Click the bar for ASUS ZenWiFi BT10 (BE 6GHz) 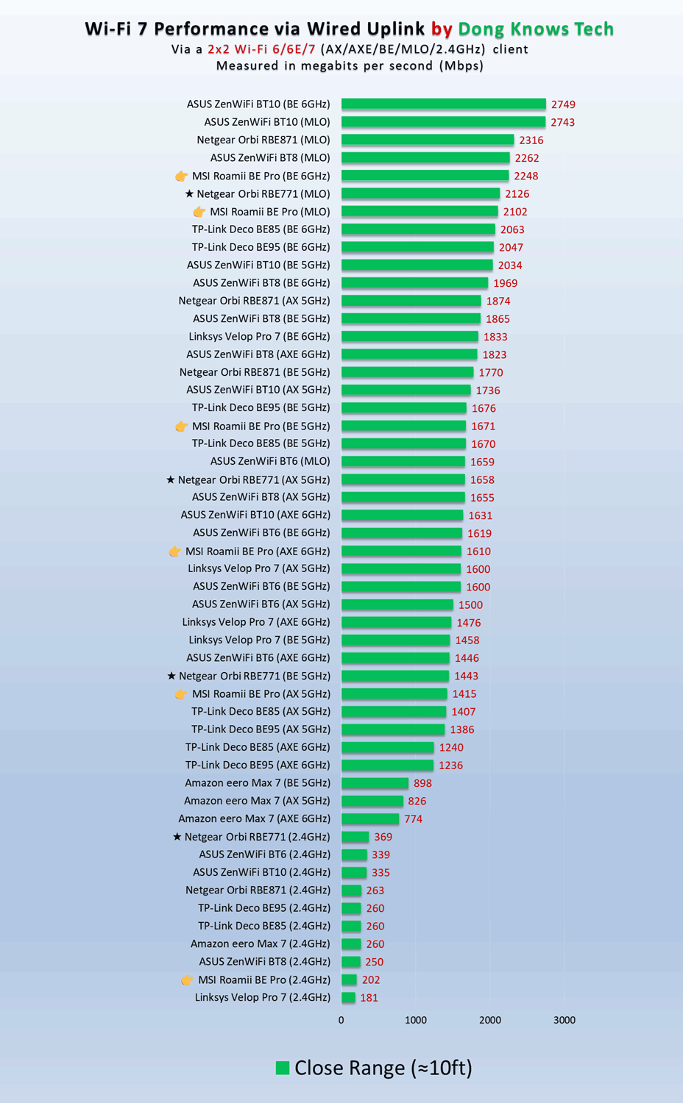(x=443, y=104)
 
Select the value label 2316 (x=531, y=140)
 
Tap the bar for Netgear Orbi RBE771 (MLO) (x=420, y=194)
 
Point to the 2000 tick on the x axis (x=490, y=1020)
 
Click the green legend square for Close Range (x=283, y=1068)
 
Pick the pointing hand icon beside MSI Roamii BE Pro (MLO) (x=199, y=212)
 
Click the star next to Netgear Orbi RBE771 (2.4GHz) (x=177, y=837)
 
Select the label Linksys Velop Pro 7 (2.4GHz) (x=263, y=998)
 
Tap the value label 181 (x=369, y=998)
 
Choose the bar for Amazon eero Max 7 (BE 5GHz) (x=375, y=783)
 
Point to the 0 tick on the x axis (x=341, y=1020)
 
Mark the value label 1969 (x=505, y=283)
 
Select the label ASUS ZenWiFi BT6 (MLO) (x=270, y=462)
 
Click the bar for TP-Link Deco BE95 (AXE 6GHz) (x=387, y=765)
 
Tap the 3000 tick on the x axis (x=565, y=1020)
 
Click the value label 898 (x=422, y=783)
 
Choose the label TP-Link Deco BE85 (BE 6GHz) (x=261, y=229)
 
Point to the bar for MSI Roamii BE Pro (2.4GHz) (x=349, y=980)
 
